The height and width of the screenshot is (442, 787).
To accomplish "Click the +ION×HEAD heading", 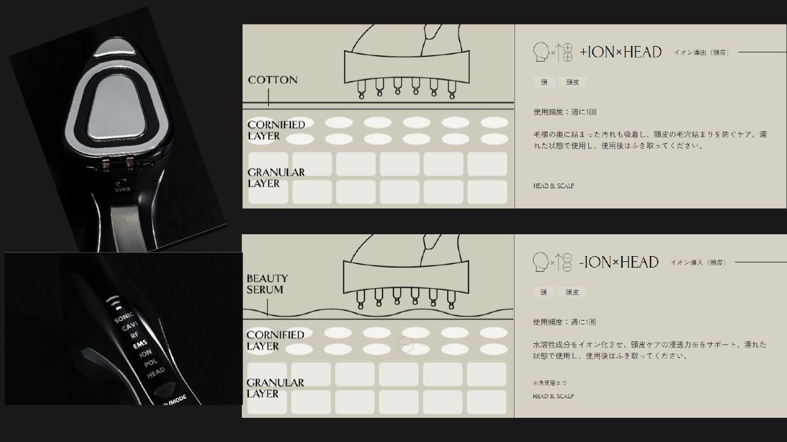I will pyautogui.click(x=620, y=52).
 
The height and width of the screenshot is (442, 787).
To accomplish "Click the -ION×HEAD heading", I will pyautogui.click(x=619, y=262).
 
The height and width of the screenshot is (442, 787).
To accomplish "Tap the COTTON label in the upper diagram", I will pyautogui.click(x=273, y=80).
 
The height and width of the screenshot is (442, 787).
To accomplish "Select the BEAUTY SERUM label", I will pyautogui.click(x=267, y=284).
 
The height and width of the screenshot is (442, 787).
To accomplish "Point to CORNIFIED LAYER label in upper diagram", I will pyautogui.click(x=276, y=130).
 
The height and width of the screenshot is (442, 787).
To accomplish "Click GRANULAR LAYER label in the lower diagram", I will pyautogui.click(x=275, y=388).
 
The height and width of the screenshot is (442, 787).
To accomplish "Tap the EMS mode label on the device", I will pyautogui.click(x=140, y=345).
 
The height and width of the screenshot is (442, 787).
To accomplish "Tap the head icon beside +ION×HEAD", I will pyautogui.click(x=540, y=52).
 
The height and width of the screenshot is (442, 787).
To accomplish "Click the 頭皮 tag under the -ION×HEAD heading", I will pyautogui.click(x=572, y=292).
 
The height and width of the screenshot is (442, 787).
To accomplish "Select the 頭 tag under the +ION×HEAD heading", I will pyautogui.click(x=544, y=82).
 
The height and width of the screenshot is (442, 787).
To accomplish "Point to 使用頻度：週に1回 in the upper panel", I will pyautogui.click(x=565, y=112).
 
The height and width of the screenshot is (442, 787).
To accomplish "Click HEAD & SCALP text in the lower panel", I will pyautogui.click(x=553, y=396).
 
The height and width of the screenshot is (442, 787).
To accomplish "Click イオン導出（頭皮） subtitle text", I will pyautogui.click(x=701, y=52).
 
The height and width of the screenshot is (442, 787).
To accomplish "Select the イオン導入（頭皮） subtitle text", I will pyautogui.click(x=698, y=262).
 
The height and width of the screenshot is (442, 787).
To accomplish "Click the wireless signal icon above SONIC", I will pyautogui.click(x=114, y=302).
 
